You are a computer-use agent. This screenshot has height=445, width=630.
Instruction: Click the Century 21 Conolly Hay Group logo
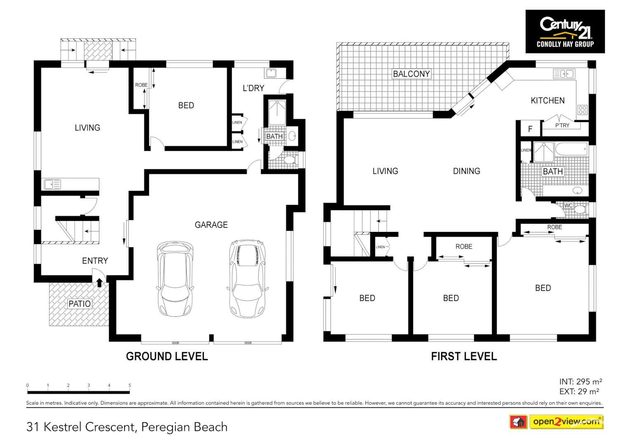pyautogui.click(x=565, y=32)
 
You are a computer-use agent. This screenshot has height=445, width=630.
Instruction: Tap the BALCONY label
pyautogui.click(x=411, y=74)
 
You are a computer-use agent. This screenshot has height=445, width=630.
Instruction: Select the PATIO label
pyautogui.click(x=80, y=304)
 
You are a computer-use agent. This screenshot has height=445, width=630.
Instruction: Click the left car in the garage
pyautogui.click(x=175, y=279)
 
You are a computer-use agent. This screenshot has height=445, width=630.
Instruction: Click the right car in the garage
pyautogui.click(x=247, y=279)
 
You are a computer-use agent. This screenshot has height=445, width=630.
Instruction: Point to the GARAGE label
pyautogui.click(x=211, y=225)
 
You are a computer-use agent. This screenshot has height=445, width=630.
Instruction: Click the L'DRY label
pyautogui.click(x=253, y=88)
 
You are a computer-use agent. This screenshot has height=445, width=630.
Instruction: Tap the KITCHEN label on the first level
pyautogui.click(x=547, y=101)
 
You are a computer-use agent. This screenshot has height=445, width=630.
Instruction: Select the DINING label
pyautogui.click(x=466, y=171)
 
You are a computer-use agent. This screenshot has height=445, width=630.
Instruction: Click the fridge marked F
pyautogui.click(x=530, y=129)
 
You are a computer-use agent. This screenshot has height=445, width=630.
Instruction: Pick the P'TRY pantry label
pyautogui.click(x=562, y=125)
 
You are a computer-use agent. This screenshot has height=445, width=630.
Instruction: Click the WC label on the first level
pyautogui.click(x=568, y=206)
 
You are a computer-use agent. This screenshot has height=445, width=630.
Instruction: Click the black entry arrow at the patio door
pyautogui.click(x=99, y=282)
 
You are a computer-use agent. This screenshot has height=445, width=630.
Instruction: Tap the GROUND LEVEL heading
pyautogui.click(x=167, y=356)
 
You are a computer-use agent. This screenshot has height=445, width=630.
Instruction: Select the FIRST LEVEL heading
pyautogui.click(x=464, y=356)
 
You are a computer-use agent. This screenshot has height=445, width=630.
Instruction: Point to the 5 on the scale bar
pyautogui.click(x=130, y=386)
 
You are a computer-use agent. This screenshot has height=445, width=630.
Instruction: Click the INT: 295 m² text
pyautogui.click(x=580, y=382)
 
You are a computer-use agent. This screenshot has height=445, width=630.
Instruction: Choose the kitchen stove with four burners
pyautogui.click(x=582, y=110)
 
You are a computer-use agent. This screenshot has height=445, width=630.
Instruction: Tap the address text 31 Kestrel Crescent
pyautogui.click(x=81, y=427)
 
